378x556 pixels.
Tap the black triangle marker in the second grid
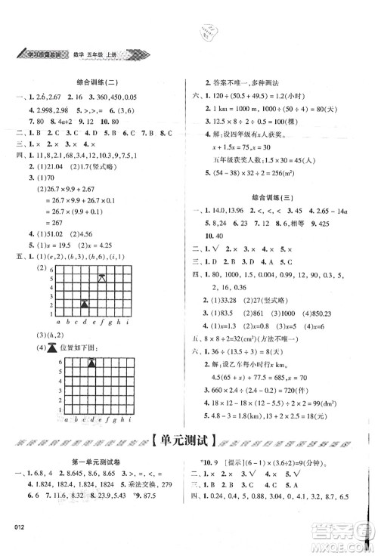[92, 363]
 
